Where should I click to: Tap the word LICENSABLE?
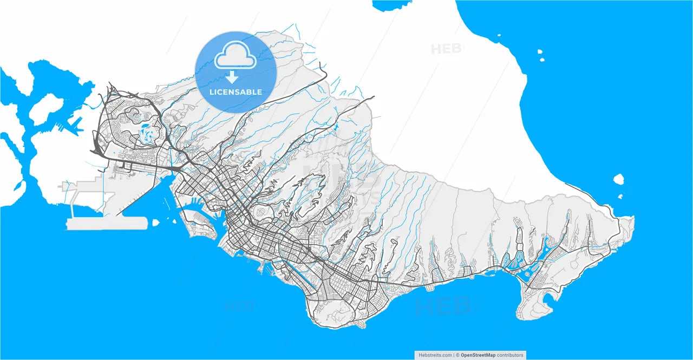pyautogui.click(x=236, y=92)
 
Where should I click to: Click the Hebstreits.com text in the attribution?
pyautogui.click(x=435, y=355)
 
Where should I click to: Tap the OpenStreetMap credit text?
pyautogui.click(x=478, y=355)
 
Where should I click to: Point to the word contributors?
pyautogui.click(x=510, y=355)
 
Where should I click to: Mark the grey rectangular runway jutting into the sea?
pyautogui.click(x=107, y=224)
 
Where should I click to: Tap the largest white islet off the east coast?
pyautogui.click(x=619, y=179)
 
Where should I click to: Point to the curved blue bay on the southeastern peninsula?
pyautogui.click(x=548, y=299)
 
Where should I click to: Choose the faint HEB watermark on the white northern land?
pyautogui.click(x=446, y=49)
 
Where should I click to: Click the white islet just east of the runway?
pyautogui.click(x=156, y=222)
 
